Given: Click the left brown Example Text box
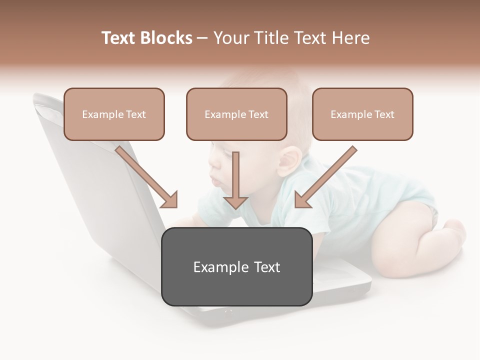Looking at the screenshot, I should [x=114, y=114].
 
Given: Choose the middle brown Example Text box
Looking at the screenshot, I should [x=236, y=114].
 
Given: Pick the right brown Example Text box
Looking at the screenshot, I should [x=362, y=114].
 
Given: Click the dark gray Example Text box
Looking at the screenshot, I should [x=237, y=266].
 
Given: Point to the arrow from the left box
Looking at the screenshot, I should [x=147, y=177].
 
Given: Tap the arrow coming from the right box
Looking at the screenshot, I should [x=325, y=177].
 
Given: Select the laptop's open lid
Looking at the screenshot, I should [x=100, y=175].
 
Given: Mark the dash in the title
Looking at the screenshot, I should [x=202, y=38].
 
